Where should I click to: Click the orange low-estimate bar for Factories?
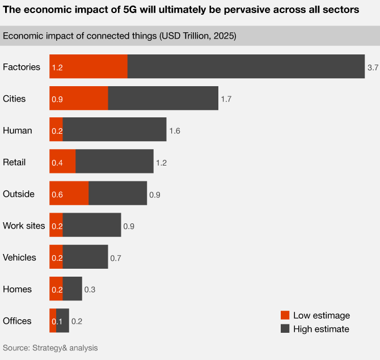tap(88, 67)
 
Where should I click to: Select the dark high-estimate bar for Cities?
tap(163, 99)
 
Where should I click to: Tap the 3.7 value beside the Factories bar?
tap(373, 67)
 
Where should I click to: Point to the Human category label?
tap(18, 130)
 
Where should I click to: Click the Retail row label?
tap(15, 162)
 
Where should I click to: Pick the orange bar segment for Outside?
tap(69, 194)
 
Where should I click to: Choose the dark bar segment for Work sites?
tap(91, 226)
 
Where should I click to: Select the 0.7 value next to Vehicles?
tap(116, 258)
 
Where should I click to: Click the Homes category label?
tap(17, 289)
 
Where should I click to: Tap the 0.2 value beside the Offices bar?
tap(77, 321)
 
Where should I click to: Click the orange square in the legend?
tap(285, 315)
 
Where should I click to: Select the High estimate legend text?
tap(321, 329)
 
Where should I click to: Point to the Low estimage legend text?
tap(322, 315)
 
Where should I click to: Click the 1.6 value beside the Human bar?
tap(174, 131)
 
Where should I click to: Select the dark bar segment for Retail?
tap(114, 162)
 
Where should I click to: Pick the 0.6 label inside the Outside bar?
tap(57, 194)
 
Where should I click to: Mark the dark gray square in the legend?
tap(285, 329)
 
